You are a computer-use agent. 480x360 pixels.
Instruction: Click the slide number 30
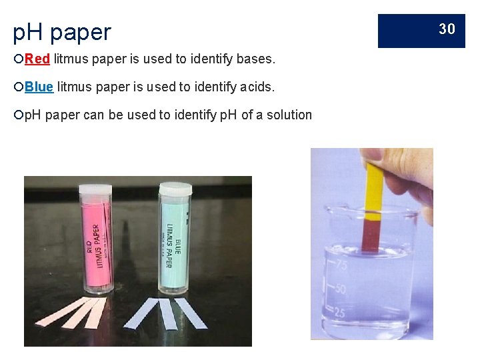(x=447, y=29)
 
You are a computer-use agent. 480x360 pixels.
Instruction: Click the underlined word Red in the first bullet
(x=37, y=59)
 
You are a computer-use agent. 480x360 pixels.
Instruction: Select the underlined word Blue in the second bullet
(x=39, y=87)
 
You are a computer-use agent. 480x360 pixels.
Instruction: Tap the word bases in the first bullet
(x=252, y=59)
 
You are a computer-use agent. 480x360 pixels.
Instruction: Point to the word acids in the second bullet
(x=255, y=87)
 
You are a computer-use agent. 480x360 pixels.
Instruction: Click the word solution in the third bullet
(x=289, y=115)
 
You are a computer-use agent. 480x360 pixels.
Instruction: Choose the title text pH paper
(x=62, y=31)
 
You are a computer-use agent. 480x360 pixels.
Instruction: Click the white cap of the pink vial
(x=95, y=190)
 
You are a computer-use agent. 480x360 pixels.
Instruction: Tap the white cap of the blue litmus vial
(x=175, y=189)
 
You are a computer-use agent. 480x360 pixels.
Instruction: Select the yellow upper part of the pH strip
(x=374, y=190)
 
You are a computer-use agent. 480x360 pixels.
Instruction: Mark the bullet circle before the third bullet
(x=18, y=115)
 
